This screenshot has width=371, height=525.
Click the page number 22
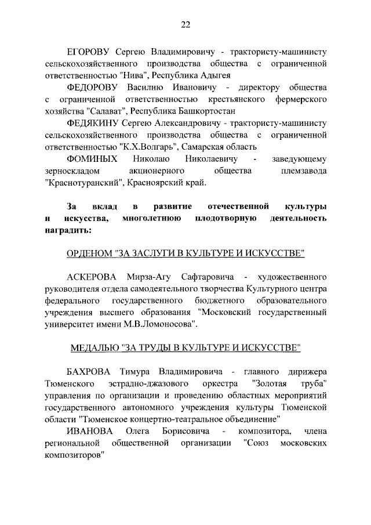click(x=185, y=24)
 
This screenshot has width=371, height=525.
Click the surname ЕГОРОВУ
click(x=88, y=50)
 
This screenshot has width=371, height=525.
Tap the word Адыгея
click(x=216, y=75)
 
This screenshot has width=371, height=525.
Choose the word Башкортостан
click(x=203, y=113)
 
